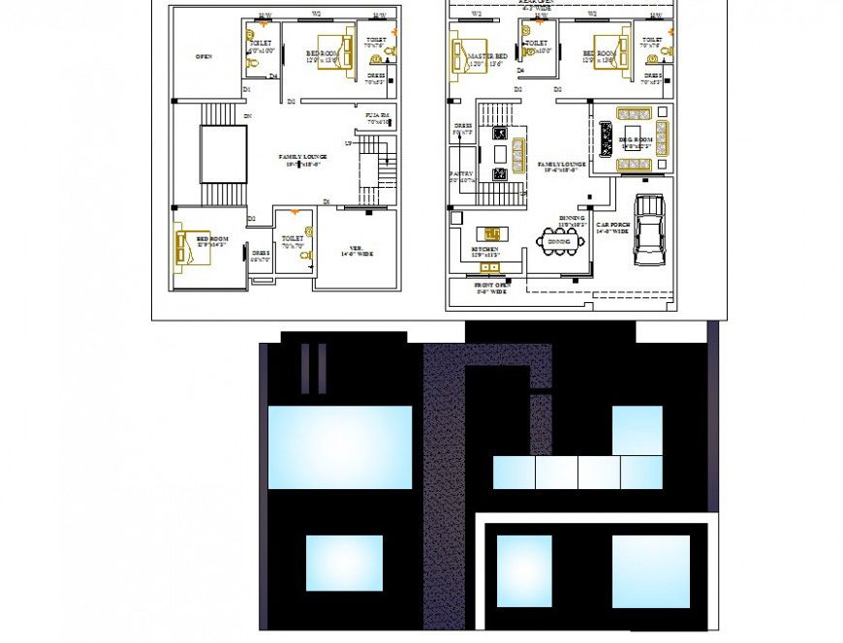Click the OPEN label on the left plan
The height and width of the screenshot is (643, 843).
pos(203,57)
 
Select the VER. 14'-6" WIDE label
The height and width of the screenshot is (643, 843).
pos(358,251)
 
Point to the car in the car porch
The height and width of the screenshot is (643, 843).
pos(648,230)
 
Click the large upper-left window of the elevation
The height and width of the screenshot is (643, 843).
pos(339,447)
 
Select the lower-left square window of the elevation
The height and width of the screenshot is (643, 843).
pos(344,563)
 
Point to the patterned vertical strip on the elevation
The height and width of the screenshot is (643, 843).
pos(445,484)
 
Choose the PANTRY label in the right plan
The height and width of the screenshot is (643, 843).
pos(460,177)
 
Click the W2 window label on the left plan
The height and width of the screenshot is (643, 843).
pos(316,15)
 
